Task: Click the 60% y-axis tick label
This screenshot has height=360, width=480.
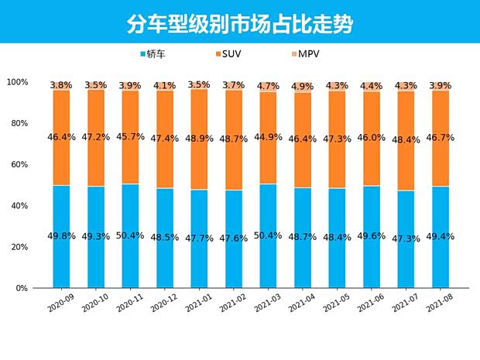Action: point(19,165)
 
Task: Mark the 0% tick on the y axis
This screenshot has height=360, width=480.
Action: point(22,288)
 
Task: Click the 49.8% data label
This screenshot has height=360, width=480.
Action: point(61,236)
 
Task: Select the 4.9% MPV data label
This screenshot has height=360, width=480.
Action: point(303,87)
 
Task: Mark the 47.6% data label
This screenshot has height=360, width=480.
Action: point(234,238)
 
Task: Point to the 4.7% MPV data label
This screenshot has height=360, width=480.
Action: point(268,86)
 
